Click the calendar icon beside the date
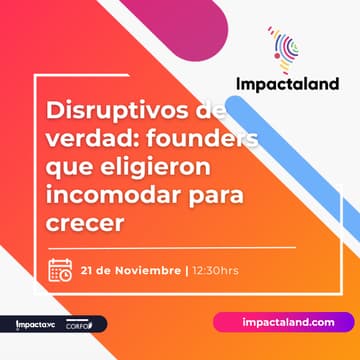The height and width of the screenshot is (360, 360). pyautogui.click(x=61, y=270)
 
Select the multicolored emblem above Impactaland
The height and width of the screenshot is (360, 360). pyautogui.click(x=284, y=45)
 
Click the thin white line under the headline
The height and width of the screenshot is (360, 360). pyautogui.click(x=170, y=246)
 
